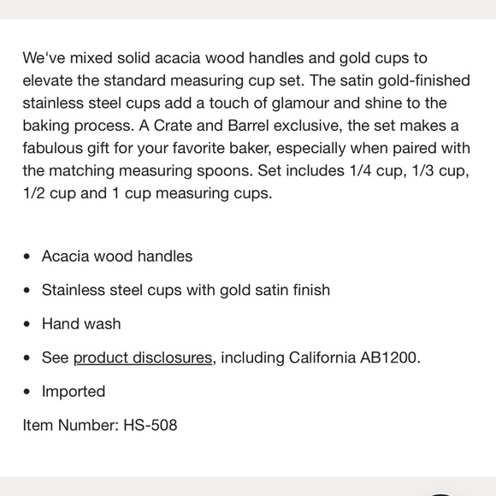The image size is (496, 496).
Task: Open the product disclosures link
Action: pos(142,357)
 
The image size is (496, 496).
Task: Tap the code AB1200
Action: pos(388,357)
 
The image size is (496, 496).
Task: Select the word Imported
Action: pos(74,392)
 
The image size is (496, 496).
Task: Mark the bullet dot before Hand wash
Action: pos(29,324)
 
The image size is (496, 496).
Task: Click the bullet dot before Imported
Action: pos(29,392)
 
